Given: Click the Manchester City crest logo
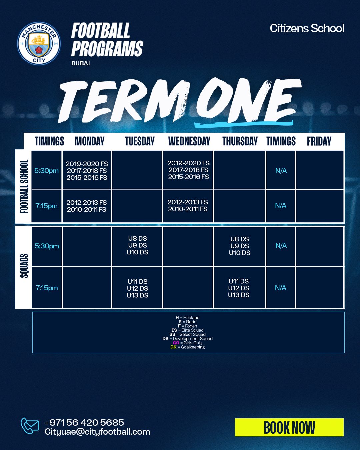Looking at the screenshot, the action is [x=39, y=43].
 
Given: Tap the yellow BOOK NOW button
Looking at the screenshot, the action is [x=289, y=427].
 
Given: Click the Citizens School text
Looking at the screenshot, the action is [x=307, y=28].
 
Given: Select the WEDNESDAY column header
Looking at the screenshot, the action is [x=189, y=141].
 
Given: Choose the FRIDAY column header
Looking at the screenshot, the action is [x=319, y=141].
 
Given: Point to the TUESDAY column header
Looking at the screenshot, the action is [x=140, y=141].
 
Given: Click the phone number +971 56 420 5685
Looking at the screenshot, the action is [x=84, y=422].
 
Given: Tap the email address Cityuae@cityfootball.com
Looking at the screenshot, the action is [x=97, y=432].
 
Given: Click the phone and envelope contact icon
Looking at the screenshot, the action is [x=29, y=426].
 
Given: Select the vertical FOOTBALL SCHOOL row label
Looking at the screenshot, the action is [x=24, y=186].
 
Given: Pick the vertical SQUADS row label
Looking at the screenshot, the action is [x=24, y=266].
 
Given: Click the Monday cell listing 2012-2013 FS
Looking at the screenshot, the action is [x=87, y=206].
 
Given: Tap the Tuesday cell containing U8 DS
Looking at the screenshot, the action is [x=137, y=247].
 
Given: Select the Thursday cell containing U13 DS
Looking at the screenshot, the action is [x=239, y=288].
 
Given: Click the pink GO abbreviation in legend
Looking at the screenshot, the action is [x=176, y=343].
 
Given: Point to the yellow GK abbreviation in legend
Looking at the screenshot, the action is [x=173, y=347].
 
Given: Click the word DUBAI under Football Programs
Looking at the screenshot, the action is [x=81, y=63].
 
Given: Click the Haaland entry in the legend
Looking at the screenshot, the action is [x=187, y=317].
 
